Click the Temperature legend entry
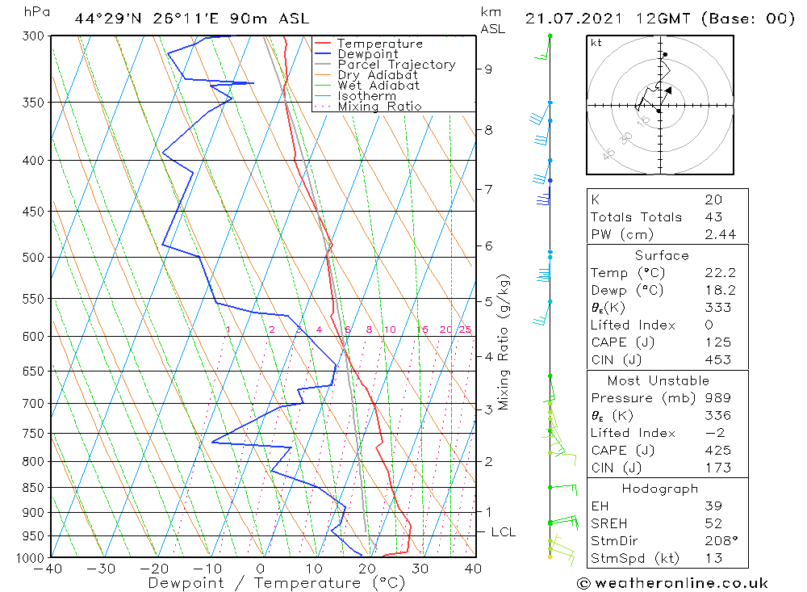[x=379, y=44]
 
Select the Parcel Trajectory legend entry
[x=396, y=65]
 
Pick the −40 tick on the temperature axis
[x=50, y=569]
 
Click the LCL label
[x=503, y=532]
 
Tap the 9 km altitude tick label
[x=488, y=69]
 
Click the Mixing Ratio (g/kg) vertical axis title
[x=504, y=342]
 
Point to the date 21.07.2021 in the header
[x=568, y=19]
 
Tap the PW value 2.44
[x=713, y=234]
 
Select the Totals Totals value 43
[x=713, y=216]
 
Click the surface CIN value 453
[x=713, y=359]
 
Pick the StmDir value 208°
[x=715, y=541]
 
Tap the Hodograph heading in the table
[x=659, y=489]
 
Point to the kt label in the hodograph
[x=596, y=42]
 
